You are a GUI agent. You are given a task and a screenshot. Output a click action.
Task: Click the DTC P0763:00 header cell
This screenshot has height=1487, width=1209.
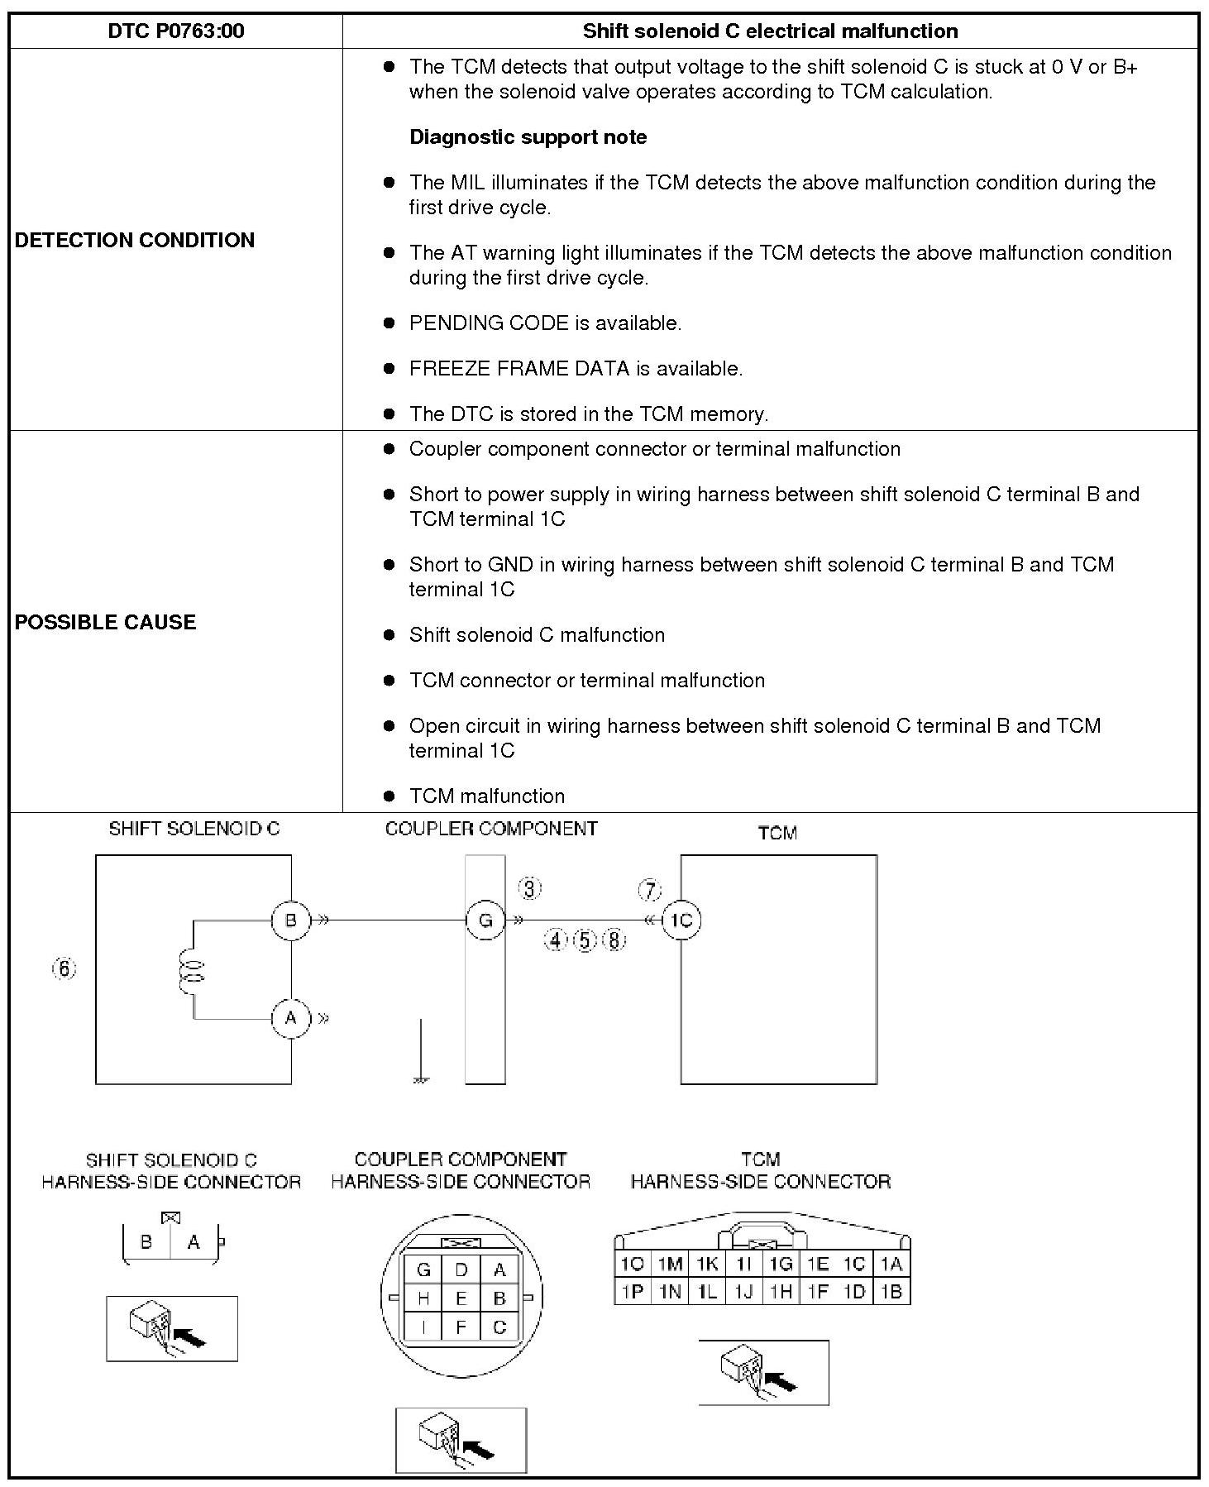point(176,31)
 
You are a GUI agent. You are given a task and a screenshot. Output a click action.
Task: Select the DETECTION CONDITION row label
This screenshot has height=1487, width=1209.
point(135,240)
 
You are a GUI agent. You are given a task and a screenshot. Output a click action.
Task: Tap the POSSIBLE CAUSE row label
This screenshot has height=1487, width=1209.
point(106,622)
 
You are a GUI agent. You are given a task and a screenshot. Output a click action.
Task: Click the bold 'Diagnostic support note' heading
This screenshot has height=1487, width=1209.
point(528,137)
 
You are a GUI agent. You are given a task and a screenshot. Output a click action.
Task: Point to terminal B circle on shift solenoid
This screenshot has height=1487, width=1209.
point(290,920)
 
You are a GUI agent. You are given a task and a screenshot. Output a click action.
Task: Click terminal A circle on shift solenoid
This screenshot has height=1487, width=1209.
point(290,1018)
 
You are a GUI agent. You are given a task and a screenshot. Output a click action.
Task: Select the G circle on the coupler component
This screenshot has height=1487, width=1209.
point(485,920)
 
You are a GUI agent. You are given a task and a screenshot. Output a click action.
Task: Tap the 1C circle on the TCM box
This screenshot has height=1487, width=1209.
point(681,920)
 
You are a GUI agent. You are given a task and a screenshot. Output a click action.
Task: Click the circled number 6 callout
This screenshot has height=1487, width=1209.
point(65,968)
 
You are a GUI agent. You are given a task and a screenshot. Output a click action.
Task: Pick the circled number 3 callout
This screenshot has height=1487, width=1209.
point(530,889)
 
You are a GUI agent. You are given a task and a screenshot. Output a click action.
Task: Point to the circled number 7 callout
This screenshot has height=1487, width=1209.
point(650,891)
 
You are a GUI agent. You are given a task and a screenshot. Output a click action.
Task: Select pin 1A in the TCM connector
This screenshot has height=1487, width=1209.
point(891,1264)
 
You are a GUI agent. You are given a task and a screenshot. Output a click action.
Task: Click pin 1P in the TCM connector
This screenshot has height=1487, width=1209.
point(633,1291)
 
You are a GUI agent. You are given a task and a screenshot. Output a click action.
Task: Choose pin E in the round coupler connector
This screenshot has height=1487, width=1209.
point(461,1298)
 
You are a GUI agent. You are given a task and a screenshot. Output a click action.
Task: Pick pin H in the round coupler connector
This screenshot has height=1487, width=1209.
point(423,1298)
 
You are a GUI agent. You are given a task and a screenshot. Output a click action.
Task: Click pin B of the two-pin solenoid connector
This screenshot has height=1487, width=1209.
point(147,1242)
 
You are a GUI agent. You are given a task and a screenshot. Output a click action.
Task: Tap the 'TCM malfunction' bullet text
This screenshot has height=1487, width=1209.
point(487,796)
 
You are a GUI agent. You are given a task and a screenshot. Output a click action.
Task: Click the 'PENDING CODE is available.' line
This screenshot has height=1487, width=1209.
point(545,323)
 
